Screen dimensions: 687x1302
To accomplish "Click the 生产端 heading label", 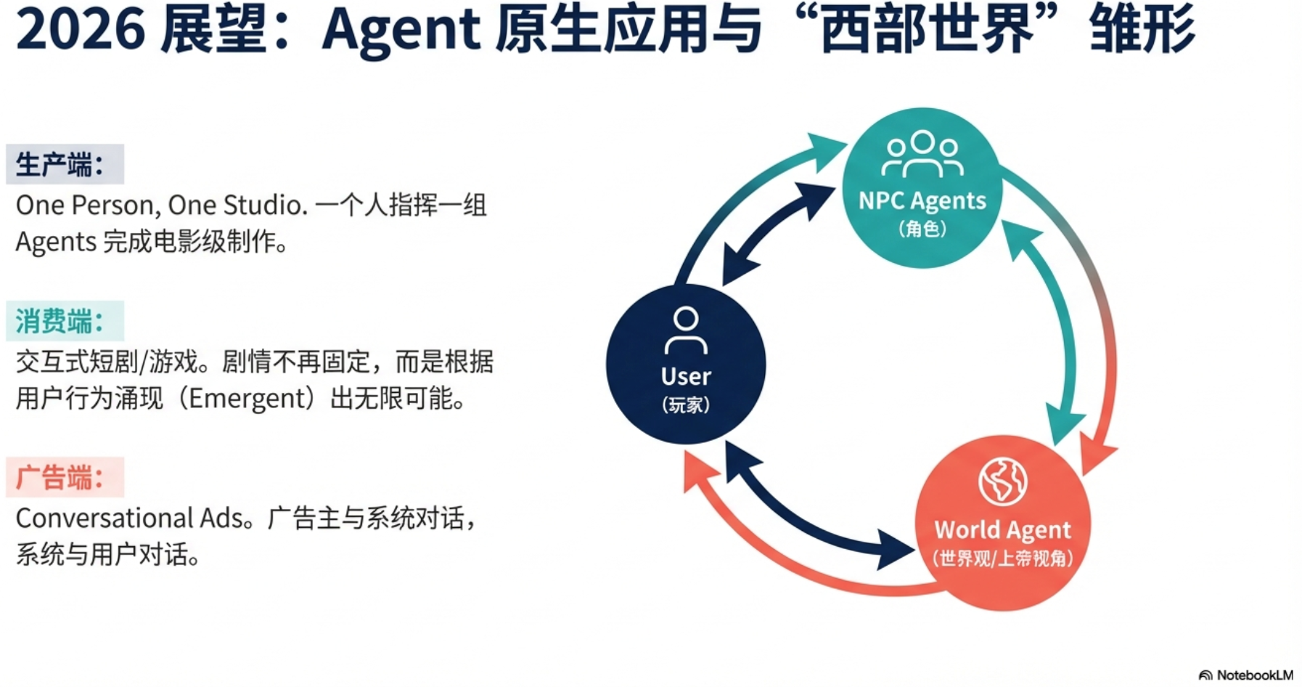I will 60,165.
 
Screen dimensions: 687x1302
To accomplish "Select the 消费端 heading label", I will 60,321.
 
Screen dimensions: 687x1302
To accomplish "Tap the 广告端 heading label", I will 60,478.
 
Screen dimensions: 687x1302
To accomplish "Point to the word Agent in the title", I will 401,31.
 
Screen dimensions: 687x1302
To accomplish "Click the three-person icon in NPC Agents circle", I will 922,154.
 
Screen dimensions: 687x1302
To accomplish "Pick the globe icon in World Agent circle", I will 1002,481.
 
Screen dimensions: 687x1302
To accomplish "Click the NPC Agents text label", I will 922,200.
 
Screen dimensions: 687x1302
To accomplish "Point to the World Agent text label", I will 1002,530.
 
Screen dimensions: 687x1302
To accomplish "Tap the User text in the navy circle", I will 685,376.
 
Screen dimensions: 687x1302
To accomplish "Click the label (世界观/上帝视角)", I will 1002,558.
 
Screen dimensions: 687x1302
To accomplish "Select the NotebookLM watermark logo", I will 1245,675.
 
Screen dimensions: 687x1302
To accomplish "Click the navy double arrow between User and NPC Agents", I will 777,234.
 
